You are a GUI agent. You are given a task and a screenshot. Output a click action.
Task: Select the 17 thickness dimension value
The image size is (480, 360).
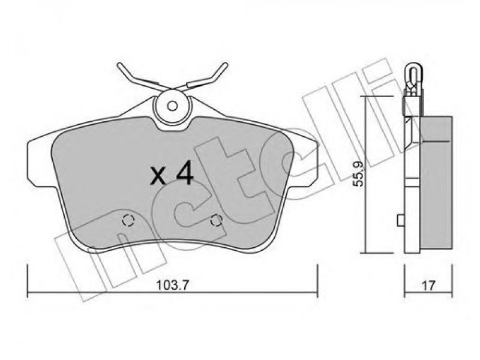pos(428,286)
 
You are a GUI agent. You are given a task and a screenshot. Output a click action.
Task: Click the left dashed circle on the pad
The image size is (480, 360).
pos(128,220)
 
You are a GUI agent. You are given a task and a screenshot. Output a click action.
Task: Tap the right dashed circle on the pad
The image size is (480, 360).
pos(217,220)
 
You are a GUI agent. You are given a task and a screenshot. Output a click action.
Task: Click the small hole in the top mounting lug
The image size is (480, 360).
pos(172,106)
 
